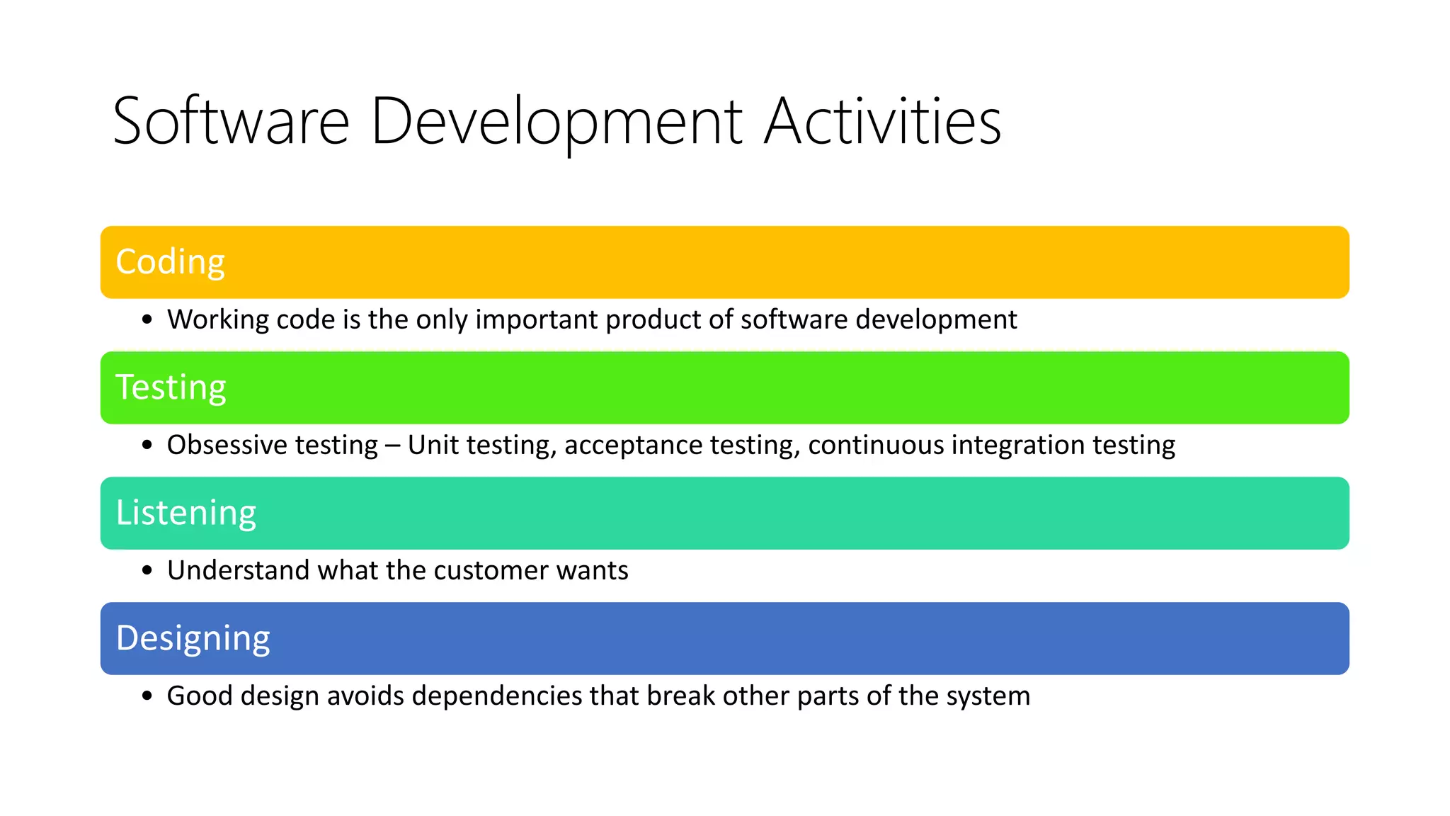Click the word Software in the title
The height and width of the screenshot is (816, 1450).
click(x=231, y=122)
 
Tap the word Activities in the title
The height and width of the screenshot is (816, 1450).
click(x=882, y=122)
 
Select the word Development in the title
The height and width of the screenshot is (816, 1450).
click(x=556, y=122)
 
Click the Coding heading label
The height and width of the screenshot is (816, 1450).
click(x=170, y=262)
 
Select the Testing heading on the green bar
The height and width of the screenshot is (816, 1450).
click(x=171, y=387)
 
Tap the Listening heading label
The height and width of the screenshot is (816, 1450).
click(x=185, y=513)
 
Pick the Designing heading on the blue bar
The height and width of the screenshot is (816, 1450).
click(x=193, y=638)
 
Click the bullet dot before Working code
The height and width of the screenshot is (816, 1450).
click(x=147, y=320)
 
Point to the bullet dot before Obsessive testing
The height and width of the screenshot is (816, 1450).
click(x=147, y=446)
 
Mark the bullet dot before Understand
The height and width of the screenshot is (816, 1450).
click(x=147, y=571)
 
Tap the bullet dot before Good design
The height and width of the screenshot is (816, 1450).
click(x=147, y=696)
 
